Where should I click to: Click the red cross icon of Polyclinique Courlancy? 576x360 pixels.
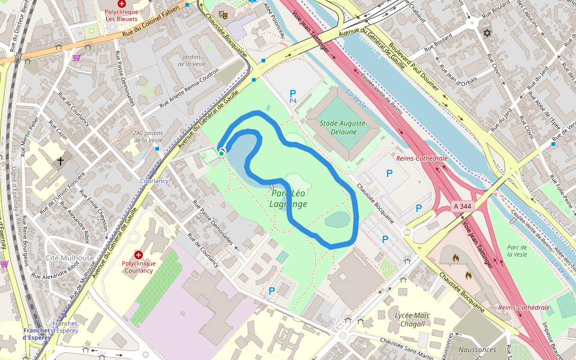point(139,254)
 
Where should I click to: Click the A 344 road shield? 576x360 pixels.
point(463,206)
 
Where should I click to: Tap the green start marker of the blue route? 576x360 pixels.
point(221,154)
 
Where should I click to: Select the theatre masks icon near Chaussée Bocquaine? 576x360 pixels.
point(223,13)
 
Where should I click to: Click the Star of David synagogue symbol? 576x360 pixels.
point(487,32)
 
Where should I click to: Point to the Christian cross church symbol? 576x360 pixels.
point(60,161)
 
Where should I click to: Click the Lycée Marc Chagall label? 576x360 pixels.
point(413,319)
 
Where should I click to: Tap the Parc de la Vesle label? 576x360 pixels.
point(517,251)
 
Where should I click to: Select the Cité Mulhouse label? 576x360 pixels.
point(70,258)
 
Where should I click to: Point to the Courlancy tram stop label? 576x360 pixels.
point(154,181)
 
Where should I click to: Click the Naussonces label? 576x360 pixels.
point(477,349)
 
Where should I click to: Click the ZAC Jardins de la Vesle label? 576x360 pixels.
point(148,136)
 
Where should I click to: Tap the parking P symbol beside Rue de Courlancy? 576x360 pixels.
point(272,291)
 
